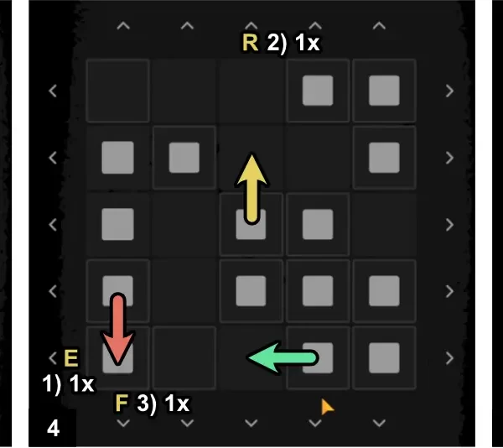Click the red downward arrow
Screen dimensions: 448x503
(x=117, y=328)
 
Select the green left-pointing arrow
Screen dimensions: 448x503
(x=283, y=357)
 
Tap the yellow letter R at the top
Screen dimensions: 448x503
(x=249, y=43)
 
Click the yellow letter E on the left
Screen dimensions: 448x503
(x=71, y=359)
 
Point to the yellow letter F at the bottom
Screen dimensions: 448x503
(x=122, y=404)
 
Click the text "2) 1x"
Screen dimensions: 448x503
(x=293, y=43)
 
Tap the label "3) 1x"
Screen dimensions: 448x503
(x=163, y=404)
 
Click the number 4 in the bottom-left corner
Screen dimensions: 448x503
(x=54, y=429)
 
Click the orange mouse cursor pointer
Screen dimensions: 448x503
(x=327, y=407)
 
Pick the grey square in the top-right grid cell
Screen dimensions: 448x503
(x=384, y=90)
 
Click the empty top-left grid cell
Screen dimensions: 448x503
(x=117, y=90)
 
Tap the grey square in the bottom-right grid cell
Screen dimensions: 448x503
(x=384, y=357)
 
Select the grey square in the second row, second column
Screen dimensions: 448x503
(x=184, y=157)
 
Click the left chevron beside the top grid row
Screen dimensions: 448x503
(x=53, y=90)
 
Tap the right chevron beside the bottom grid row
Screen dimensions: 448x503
(x=449, y=357)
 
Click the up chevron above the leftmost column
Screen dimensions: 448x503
(x=123, y=26)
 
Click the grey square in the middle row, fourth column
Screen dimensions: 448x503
(x=318, y=224)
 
